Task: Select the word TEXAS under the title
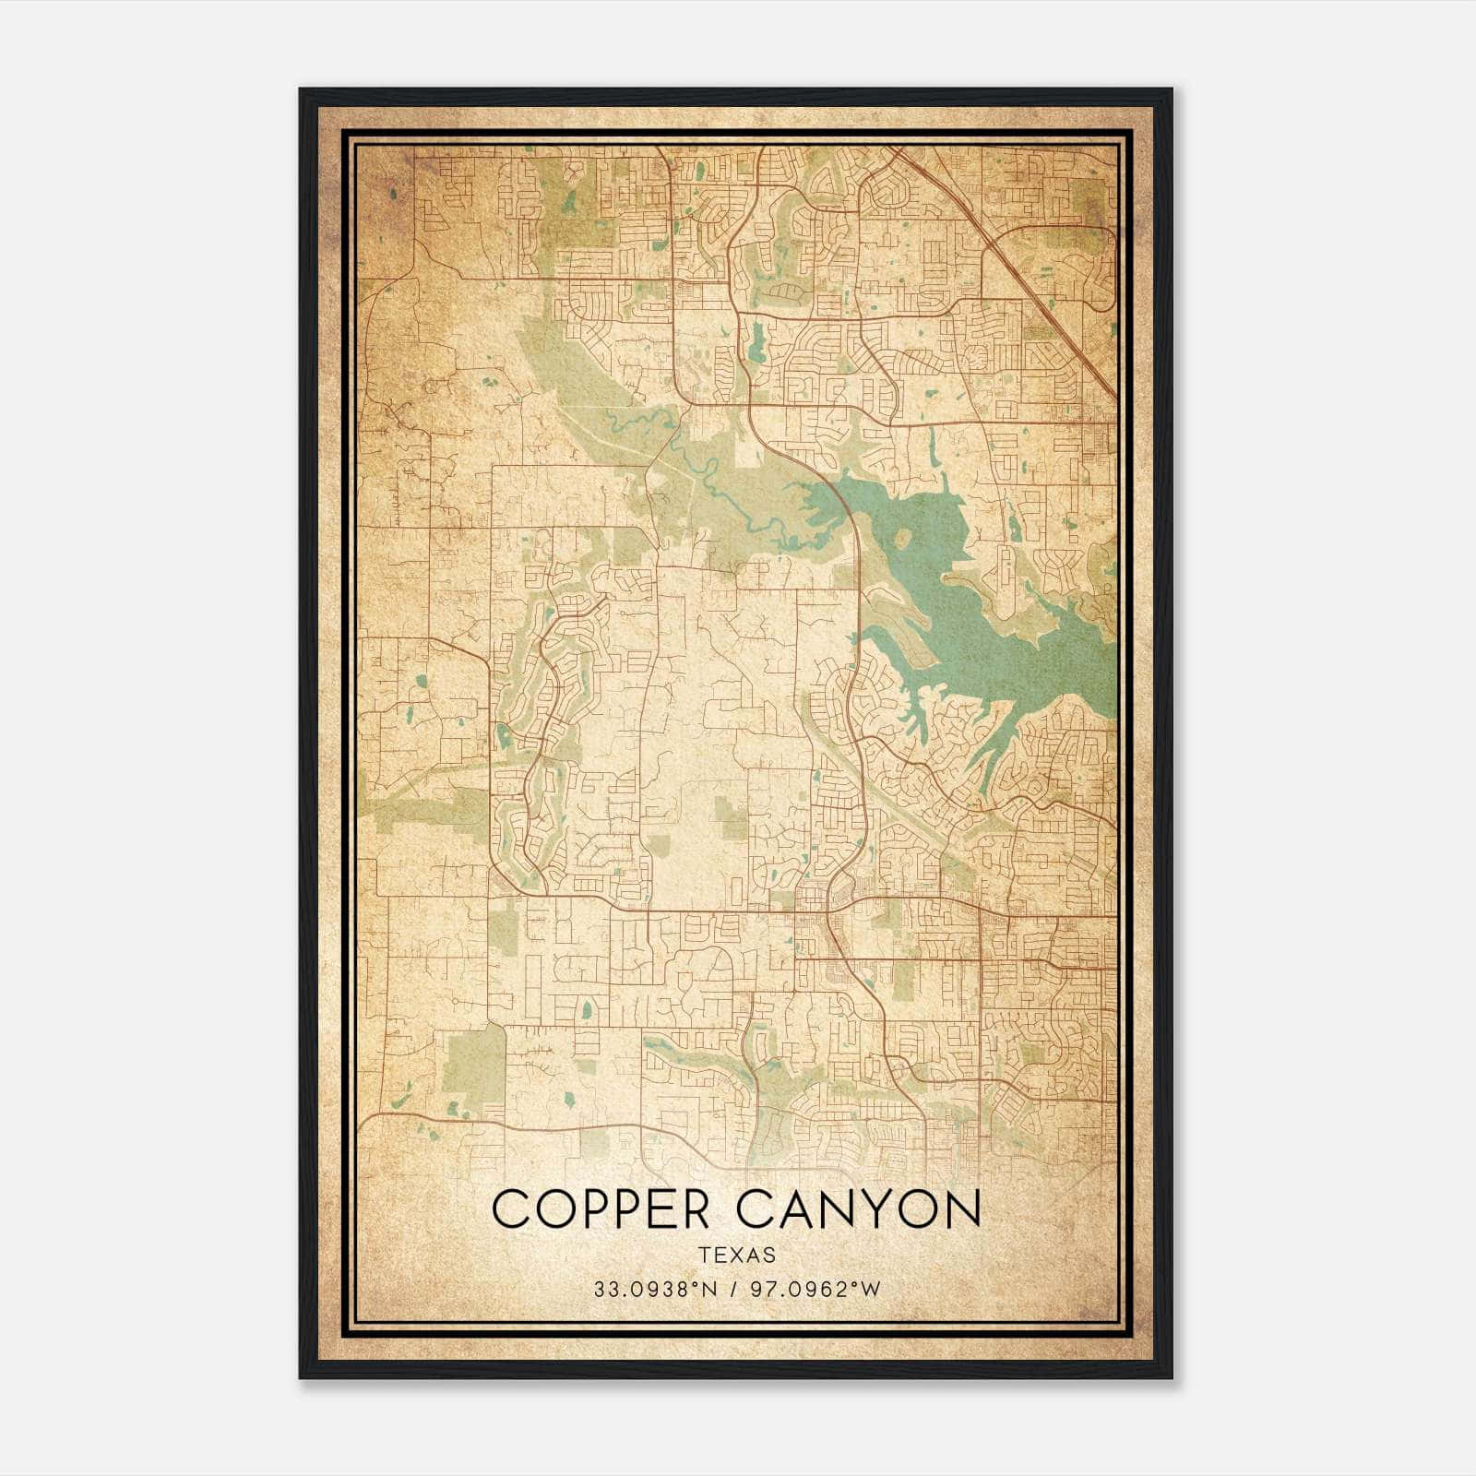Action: pyautogui.click(x=737, y=1256)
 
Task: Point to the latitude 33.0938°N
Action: pyautogui.click(x=656, y=1290)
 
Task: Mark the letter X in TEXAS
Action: pyautogui.click(x=737, y=1256)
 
